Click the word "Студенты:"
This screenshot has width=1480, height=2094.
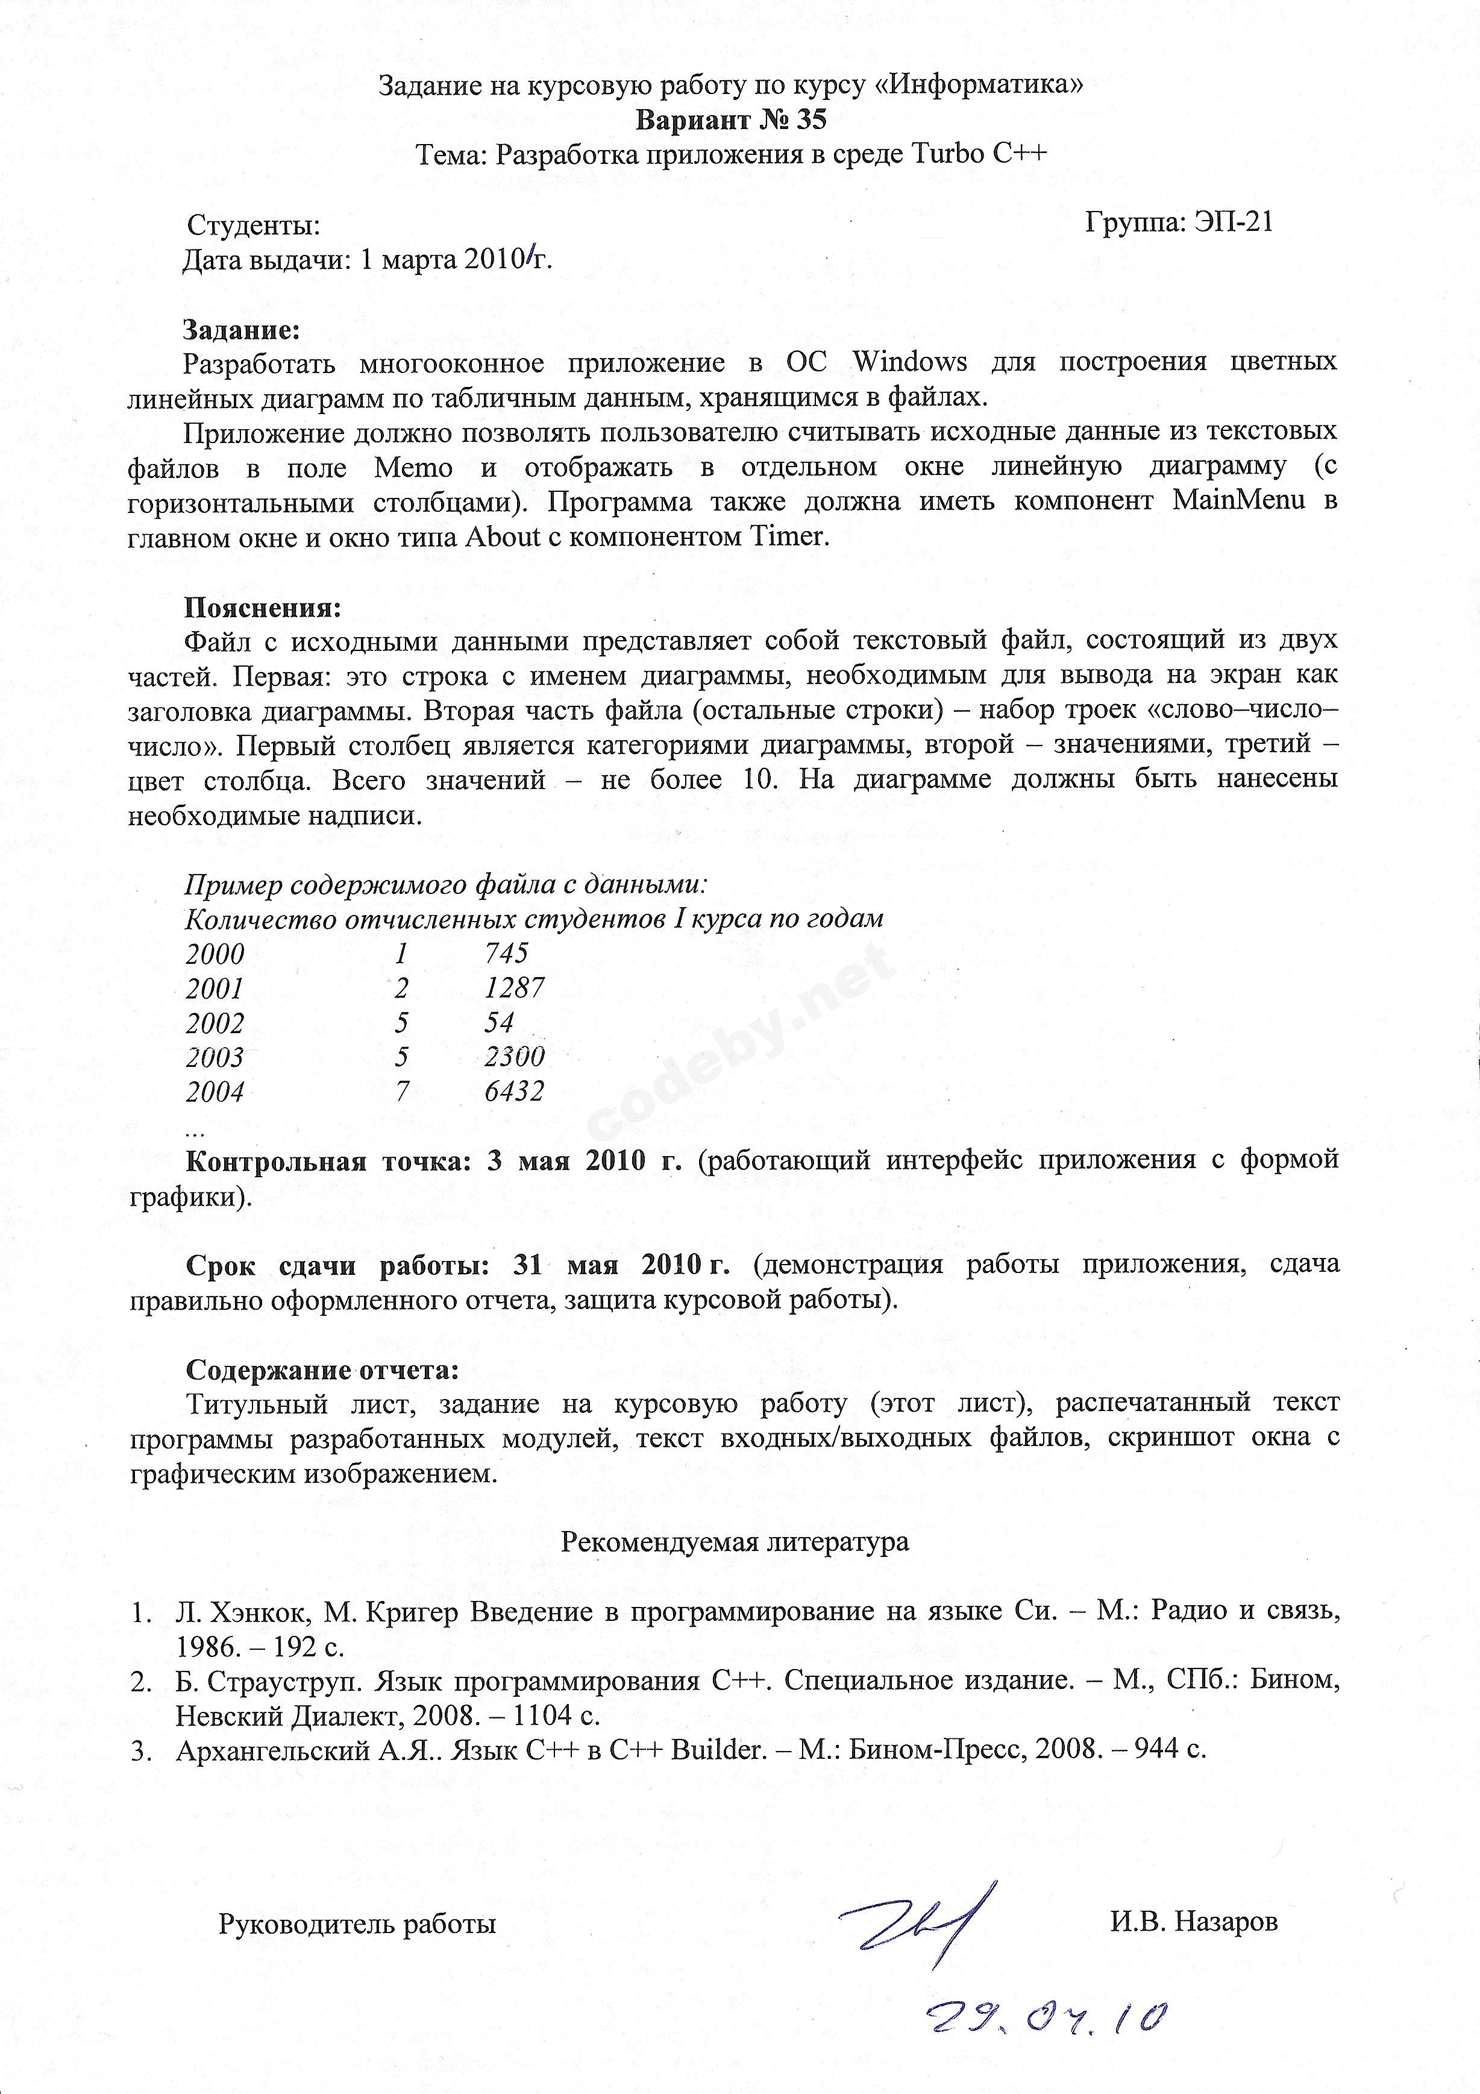[254, 225]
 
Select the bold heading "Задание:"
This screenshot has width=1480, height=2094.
[242, 329]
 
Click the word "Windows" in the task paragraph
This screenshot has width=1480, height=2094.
[909, 362]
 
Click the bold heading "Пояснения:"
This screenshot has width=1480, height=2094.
[263, 606]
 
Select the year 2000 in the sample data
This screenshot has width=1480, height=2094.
[215, 954]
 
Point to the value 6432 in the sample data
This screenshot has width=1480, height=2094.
[514, 1091]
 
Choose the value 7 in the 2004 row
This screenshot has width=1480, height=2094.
[402, 1091]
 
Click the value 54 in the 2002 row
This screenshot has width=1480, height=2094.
[500, 1022]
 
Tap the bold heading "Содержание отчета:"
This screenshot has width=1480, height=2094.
[322, 1370]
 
